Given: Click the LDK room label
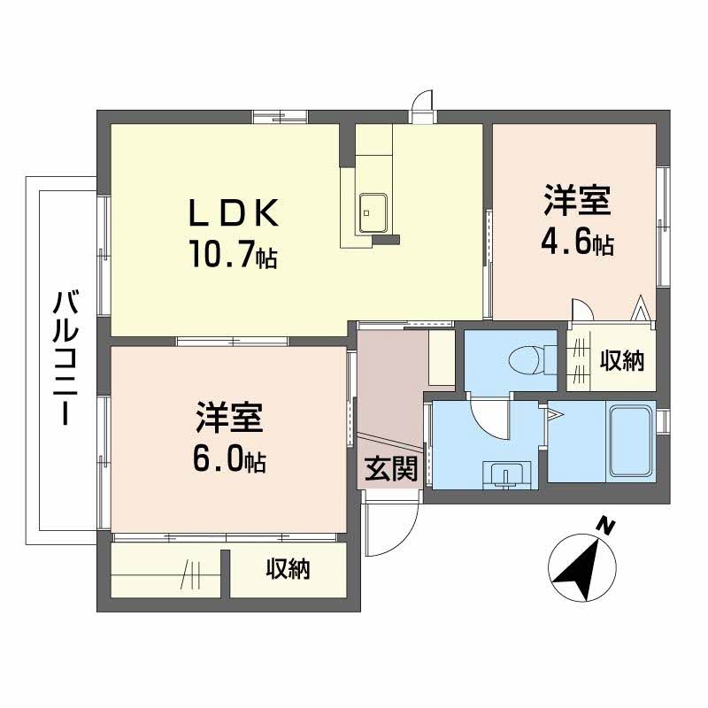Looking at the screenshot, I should pyautogui.click(x=233, y=213).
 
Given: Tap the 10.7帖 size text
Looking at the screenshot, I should pyautogui.click(x=232, y=257).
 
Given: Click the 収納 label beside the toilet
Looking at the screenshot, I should pyautogui.click(x=622, y=360).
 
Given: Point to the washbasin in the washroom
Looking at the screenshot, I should pyautogui.click(x=505, y=474).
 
